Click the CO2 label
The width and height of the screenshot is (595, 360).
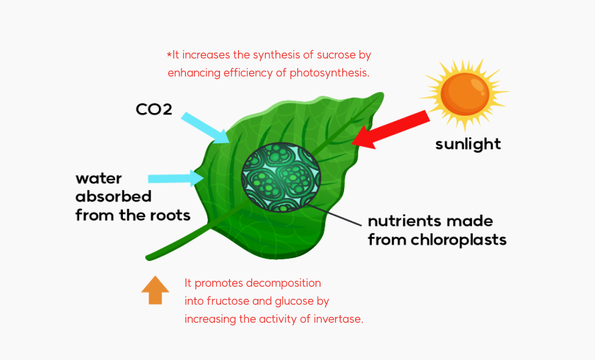point(154,109)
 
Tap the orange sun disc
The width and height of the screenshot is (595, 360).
point(465,94)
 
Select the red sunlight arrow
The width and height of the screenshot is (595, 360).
point(391,130)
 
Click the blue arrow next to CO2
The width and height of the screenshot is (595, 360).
point(205,128)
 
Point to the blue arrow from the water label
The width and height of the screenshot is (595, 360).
point(176,178)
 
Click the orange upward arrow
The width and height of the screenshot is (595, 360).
point(155,290)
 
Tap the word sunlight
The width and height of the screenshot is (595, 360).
point(468,145)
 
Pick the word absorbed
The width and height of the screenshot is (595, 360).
point(113,197)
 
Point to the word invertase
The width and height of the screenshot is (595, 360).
point(338,319)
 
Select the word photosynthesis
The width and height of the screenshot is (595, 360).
point(329,73)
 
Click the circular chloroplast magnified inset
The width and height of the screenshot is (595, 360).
point(281,177)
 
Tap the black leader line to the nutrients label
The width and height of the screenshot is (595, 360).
point(334,215)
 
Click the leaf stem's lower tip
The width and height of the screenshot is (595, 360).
point(148,258)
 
